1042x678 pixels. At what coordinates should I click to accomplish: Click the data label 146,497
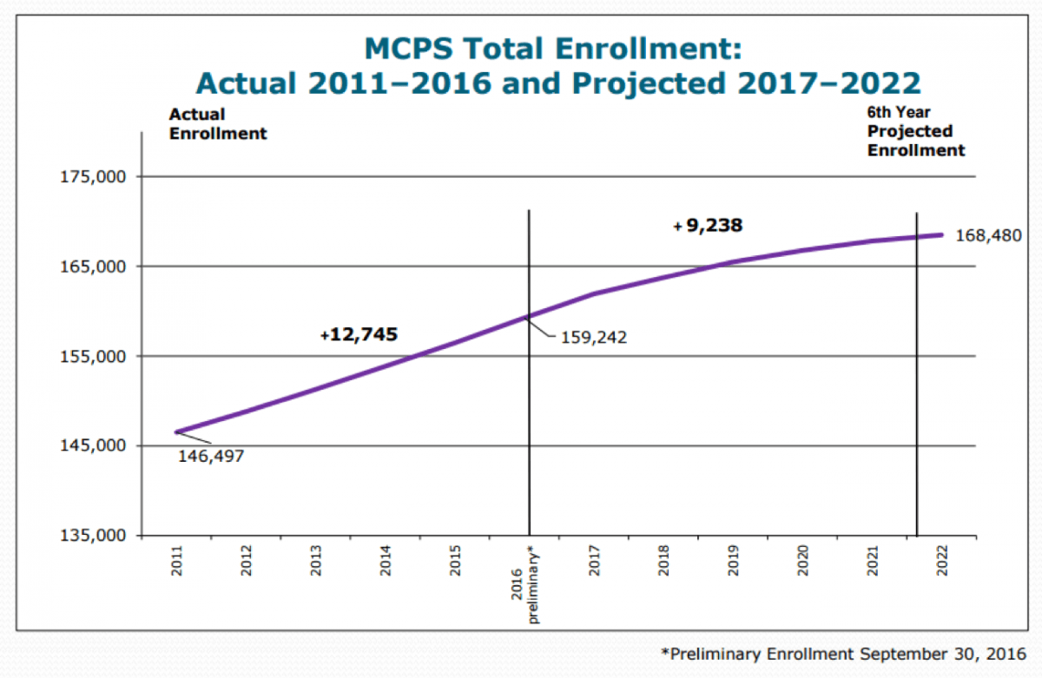[x=211, y=456]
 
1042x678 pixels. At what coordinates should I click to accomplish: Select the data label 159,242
[x=594, y=337]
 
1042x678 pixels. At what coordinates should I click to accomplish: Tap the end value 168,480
[x=988, y=235]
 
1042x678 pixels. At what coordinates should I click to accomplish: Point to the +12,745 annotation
[x=364, y=334]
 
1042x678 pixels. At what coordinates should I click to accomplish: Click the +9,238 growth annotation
[x=708, y=226]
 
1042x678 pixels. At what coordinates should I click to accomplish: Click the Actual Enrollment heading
[x=217, y=124]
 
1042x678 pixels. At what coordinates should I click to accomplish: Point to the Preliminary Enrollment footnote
[x=841, y=652]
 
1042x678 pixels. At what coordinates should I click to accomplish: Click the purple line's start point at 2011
[x=177, y=431]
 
